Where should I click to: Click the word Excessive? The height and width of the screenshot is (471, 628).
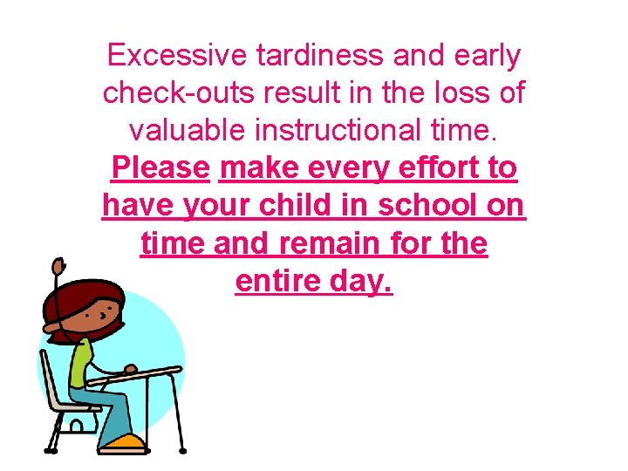tap(177, 56)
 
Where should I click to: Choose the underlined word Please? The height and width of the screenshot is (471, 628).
tap(161, 167)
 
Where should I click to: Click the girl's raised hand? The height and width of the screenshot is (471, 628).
tap(58, 264)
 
